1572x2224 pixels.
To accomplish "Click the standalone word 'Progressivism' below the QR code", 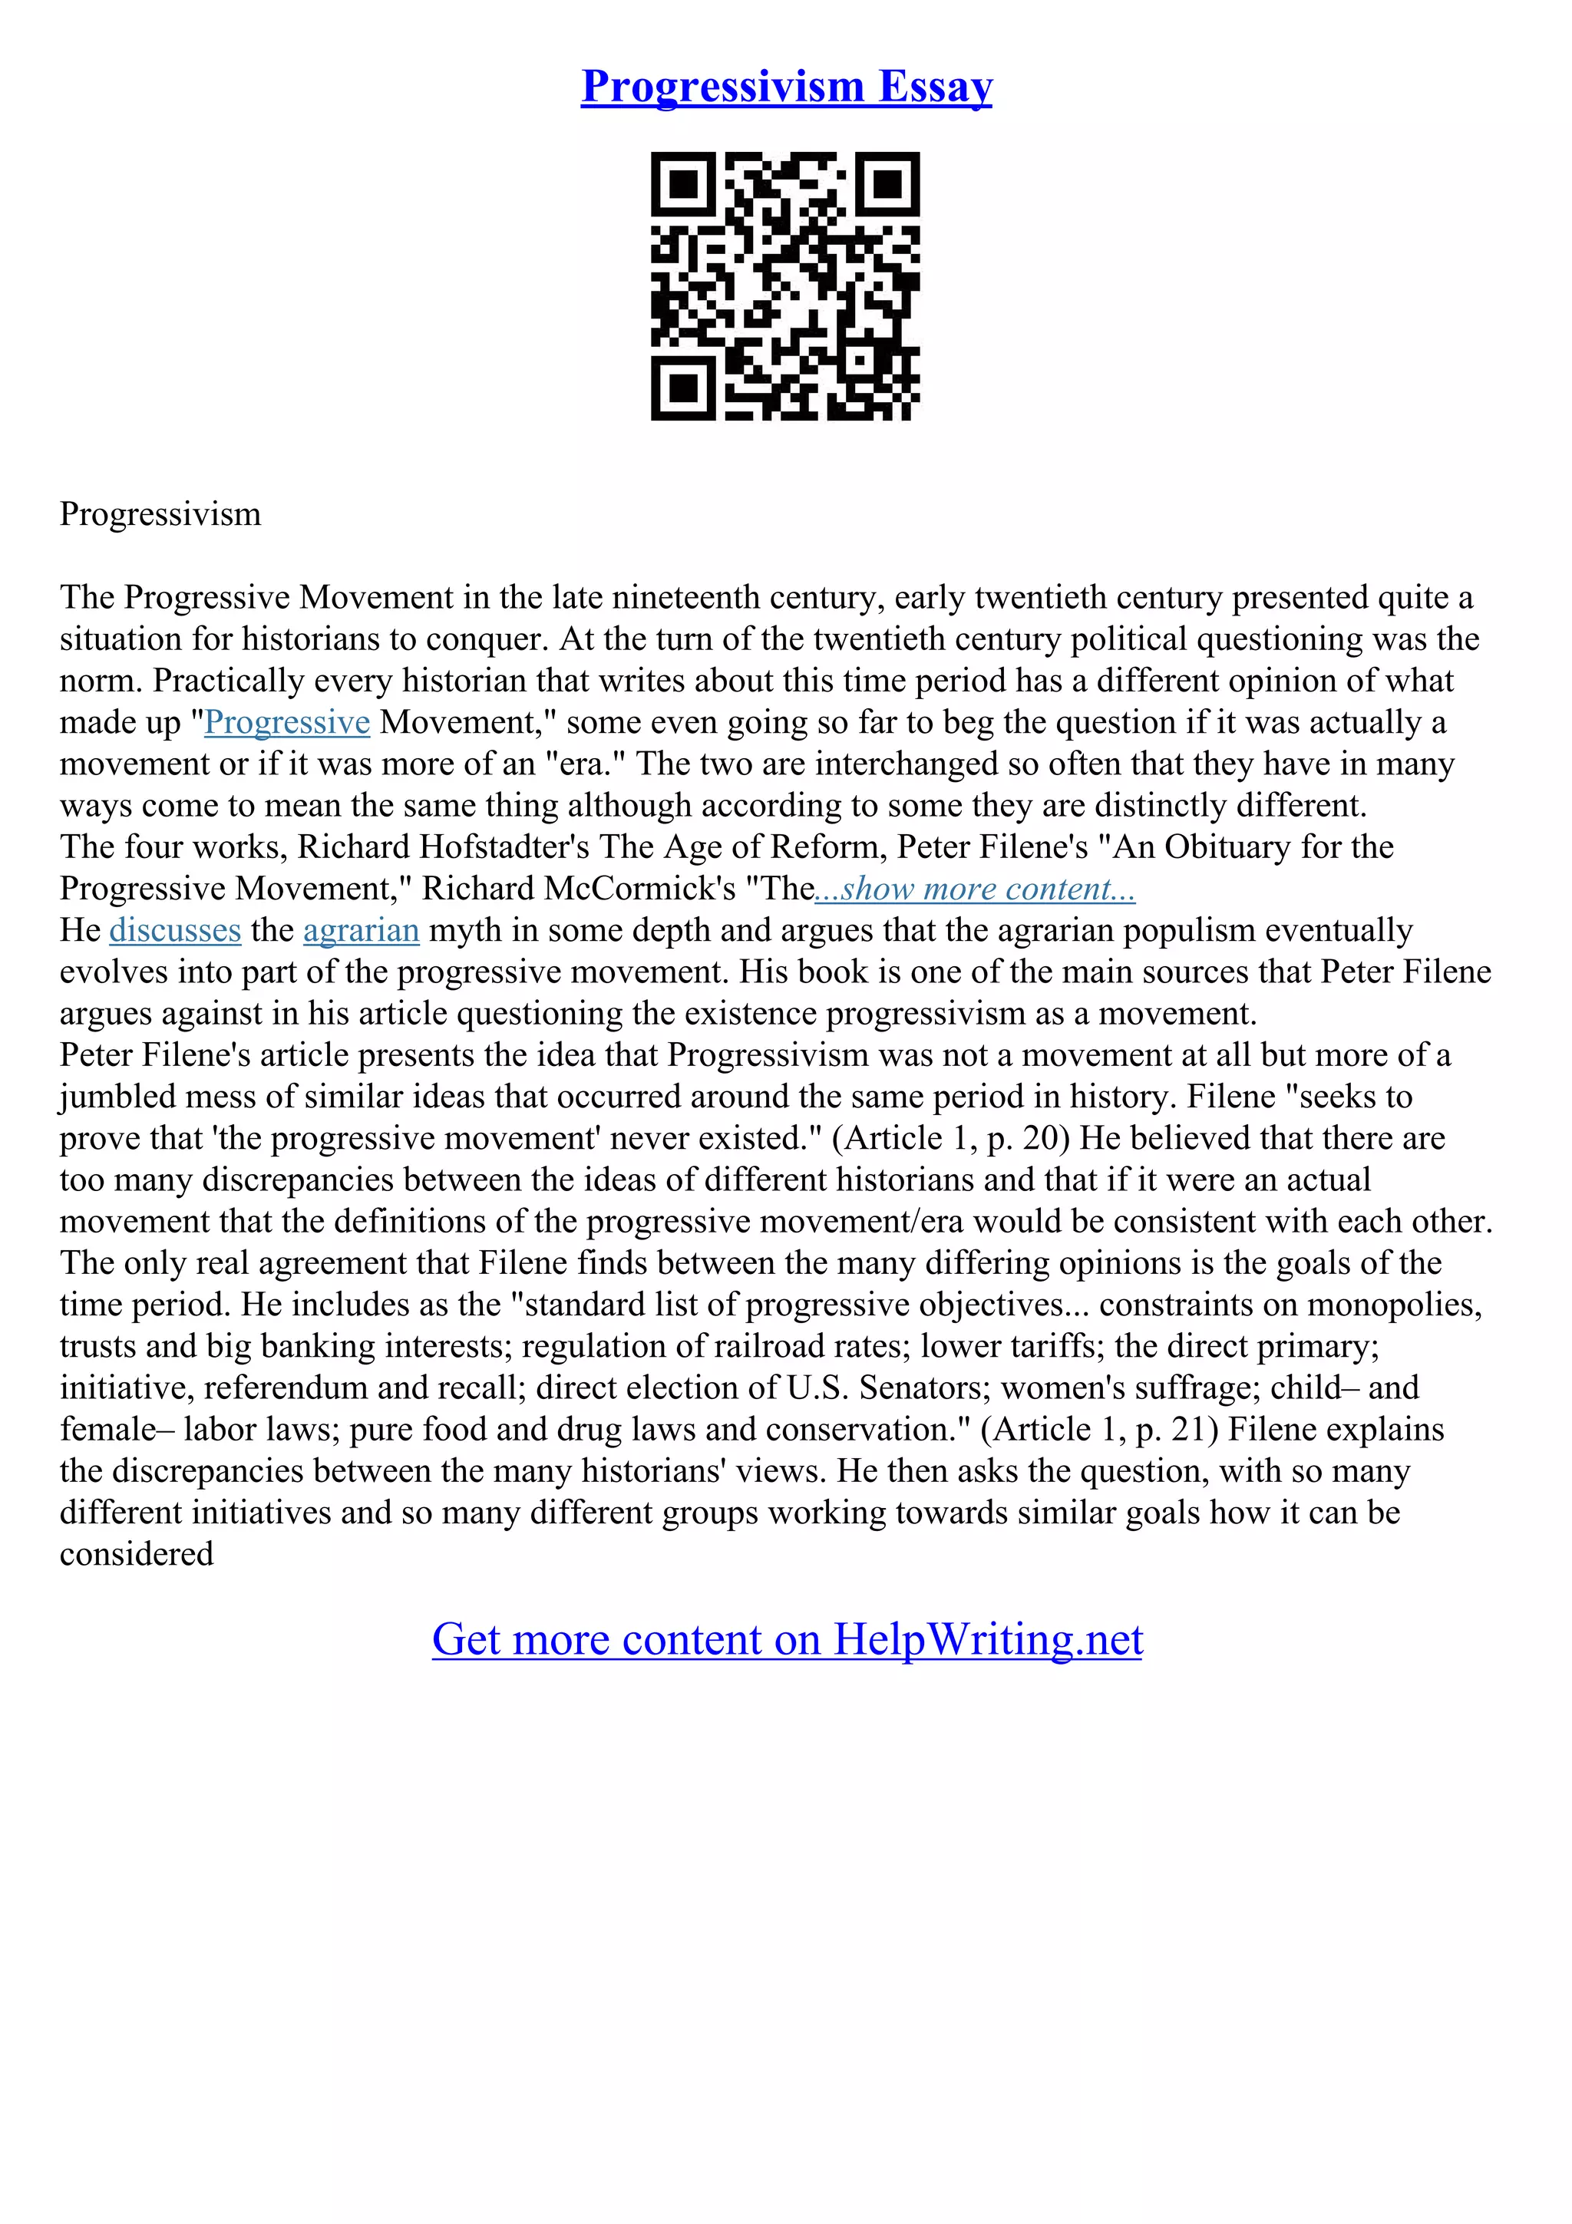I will point(160,513).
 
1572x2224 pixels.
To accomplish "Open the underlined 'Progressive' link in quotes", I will point(287,723).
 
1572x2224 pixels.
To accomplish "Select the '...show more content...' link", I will point(976,889).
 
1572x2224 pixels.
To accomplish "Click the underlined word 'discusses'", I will point(175,931).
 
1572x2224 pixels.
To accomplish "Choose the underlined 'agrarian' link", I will point(362,931).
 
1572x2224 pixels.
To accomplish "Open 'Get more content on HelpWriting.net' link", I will point(787,1639).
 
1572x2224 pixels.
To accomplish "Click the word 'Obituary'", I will point(1227,847).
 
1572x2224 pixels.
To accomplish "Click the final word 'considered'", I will point(137,1555).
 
